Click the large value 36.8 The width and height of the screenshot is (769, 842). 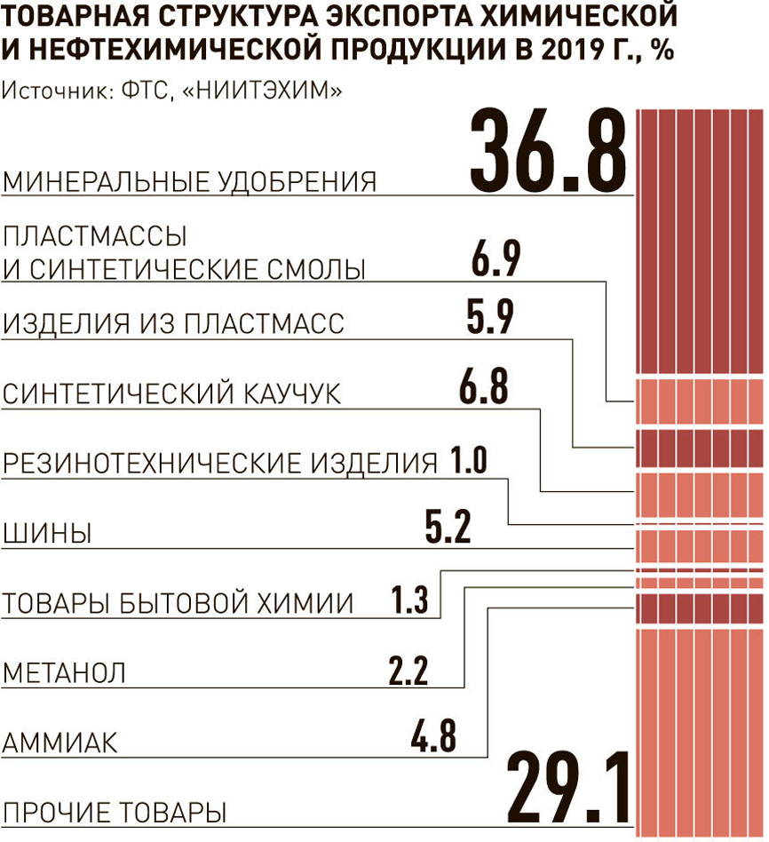[x=548, y=149]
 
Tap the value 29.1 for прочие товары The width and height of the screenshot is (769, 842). [x=568, y=789]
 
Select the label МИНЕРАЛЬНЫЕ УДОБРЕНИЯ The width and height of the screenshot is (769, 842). [x=190, y=182]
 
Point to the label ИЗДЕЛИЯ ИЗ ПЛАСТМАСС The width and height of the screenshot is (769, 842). [x=174, y=323]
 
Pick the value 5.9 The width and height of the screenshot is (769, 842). [x=489, y=317]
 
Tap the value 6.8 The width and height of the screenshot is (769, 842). [x=484, y=387]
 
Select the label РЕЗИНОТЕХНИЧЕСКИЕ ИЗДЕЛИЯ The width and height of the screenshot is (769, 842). [x=220, y=464]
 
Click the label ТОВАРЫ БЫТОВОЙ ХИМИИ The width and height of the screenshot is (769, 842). [x=178, y=604]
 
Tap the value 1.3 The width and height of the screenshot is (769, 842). [x=410, y=601]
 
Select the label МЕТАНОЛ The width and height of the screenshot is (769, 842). [x=65, y=672]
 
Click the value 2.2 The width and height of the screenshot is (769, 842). [x=408, y=669]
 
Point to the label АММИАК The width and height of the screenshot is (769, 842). [x=60, y=743]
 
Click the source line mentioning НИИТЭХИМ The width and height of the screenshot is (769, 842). [x=173, y=91]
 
